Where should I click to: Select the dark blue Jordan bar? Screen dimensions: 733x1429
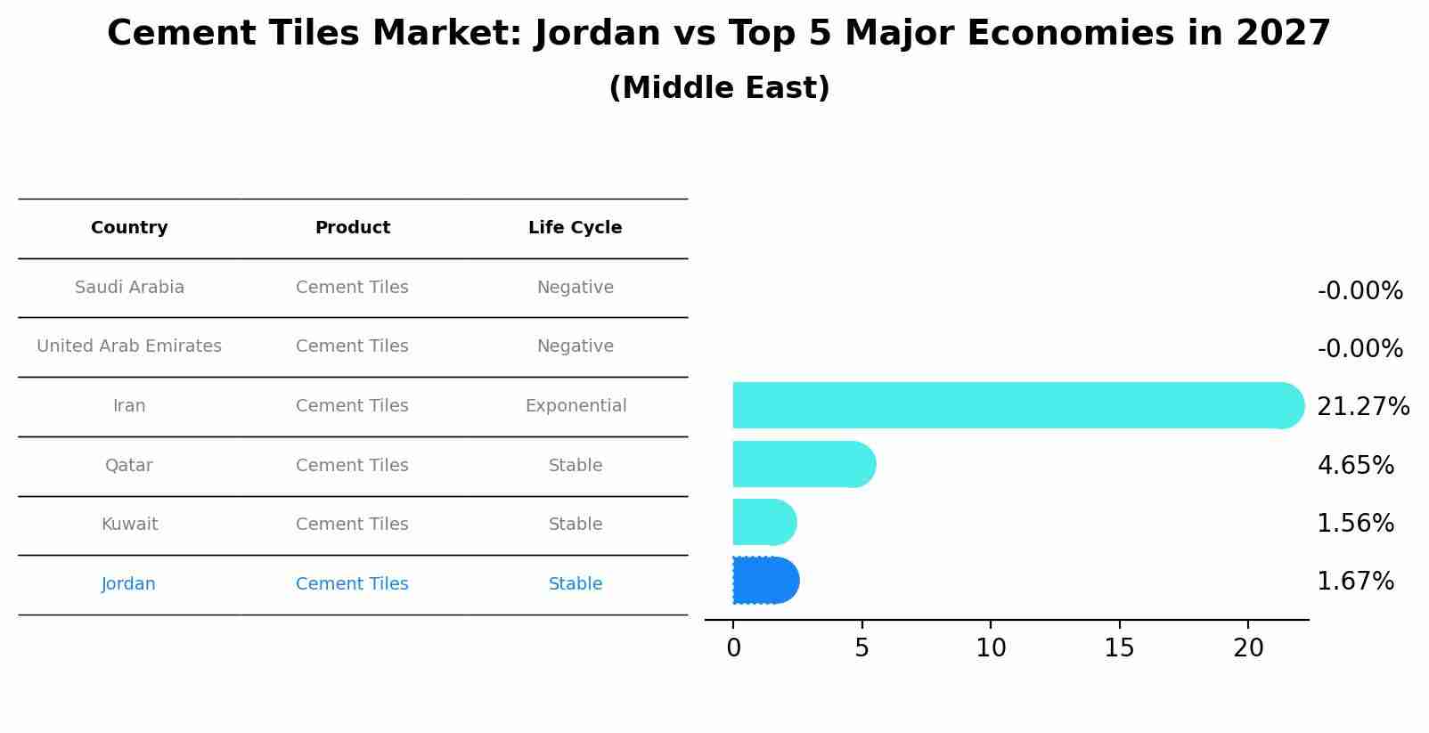point(764,581)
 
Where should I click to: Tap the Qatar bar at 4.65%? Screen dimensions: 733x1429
point(802,464)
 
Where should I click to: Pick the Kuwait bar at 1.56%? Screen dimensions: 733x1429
point(763,522)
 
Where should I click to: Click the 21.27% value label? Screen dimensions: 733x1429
point(1362,407)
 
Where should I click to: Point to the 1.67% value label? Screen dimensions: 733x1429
point(1354,582)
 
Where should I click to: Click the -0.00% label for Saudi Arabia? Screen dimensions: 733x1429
point(1359,291)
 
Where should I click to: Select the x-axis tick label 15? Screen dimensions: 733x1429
point(1119,648)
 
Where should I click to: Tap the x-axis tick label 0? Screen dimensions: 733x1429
point(733,648)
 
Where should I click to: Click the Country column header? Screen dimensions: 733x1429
point(129,228)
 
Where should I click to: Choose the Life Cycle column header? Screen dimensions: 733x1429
point(575,228)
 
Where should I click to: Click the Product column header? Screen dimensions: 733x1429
point(352,228)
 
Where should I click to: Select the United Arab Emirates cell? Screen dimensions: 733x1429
point(129,346)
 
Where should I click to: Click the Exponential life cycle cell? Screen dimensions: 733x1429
point(576,406)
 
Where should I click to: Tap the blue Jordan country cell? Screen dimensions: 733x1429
point(128,584)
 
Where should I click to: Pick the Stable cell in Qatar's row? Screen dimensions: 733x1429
point(576,466)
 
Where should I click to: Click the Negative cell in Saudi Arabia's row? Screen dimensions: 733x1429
point(575,288)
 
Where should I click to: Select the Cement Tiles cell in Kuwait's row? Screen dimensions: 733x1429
point(352,525)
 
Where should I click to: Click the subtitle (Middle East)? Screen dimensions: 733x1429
point(719,88)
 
